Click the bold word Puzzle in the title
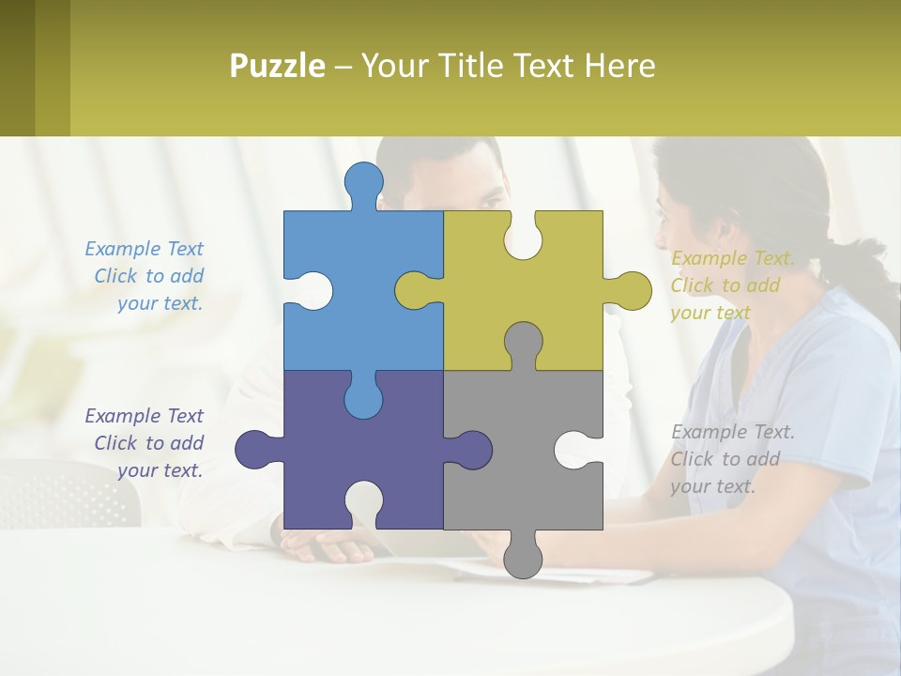[278, 66]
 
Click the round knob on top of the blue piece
[364, 181]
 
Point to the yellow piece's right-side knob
[632, 290]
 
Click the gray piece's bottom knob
[523, 559]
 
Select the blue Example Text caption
[145, 276]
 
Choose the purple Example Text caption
[145, 443]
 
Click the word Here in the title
[619, 66]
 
